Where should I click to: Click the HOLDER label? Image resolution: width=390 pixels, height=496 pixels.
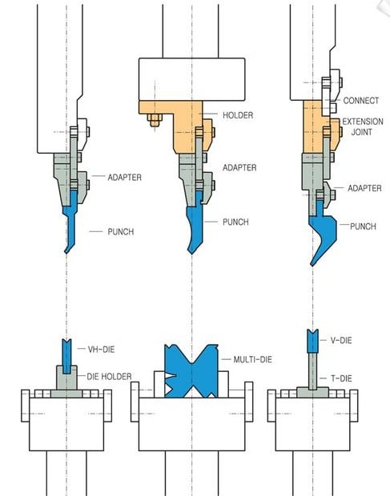(x=238, y=115)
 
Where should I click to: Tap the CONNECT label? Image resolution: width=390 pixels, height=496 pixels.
(x=361, y=101)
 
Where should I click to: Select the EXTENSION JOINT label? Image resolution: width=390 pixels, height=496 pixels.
(x=363, y=126)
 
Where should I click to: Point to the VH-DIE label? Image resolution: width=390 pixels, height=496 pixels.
(x=101, y=350)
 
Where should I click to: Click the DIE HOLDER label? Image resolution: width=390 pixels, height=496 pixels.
(x=109, y=377)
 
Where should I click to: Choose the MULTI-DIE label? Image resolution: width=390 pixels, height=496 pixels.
(x=252, y=359)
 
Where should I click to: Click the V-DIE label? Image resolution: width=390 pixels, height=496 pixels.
(x=341, y=340)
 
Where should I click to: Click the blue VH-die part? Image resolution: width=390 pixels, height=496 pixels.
(x=66, y=356)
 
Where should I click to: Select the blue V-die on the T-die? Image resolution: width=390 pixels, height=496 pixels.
(x=312, y=341)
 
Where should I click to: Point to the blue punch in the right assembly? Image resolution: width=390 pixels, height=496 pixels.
(x=321, y=233)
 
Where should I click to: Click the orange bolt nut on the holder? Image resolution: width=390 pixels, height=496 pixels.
(x=155, y=120)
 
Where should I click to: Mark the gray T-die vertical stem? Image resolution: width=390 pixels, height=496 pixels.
(x=312, y=371)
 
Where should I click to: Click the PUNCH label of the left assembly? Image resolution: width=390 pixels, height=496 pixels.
(x=121, y=231)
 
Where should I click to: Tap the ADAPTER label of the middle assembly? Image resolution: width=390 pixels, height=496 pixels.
(x=239, y=167)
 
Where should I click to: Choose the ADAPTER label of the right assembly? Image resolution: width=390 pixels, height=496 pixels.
(x=364, y=188)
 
